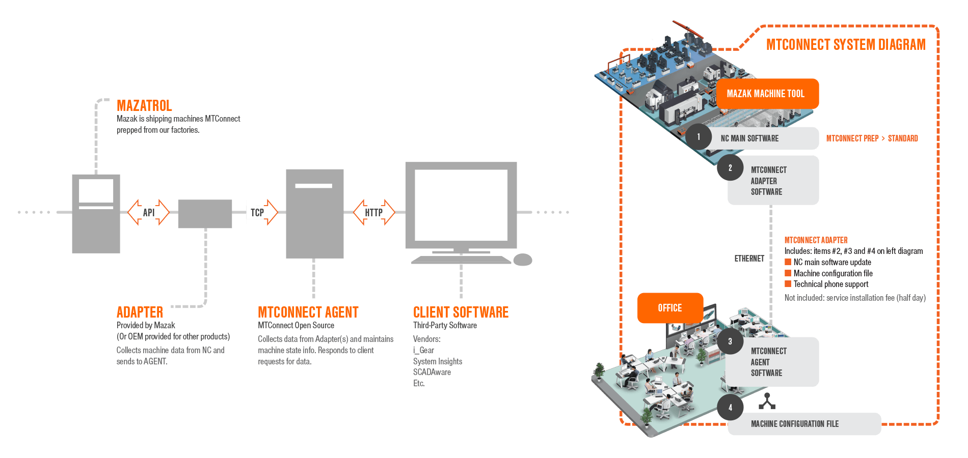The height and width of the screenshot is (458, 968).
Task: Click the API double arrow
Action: pyautogui.click(x=148, y=212)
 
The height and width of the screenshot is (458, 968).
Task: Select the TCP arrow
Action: pyautogui.click(x=261, y=212)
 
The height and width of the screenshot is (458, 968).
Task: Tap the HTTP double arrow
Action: pyautogui.click(x=374, y=212)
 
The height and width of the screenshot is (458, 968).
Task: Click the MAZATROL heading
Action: pyautogui.click(x=144, y=105)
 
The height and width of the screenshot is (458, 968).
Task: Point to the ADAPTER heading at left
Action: pyautogui.click(x=140, y=312)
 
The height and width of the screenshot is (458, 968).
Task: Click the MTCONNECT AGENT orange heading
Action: pyautogui.click(x=308, y=312)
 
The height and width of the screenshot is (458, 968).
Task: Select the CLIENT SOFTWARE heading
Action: pyautogui.click(x=461, y=312)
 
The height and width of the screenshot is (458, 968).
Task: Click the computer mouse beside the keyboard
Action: pyautogui.click(x=522, y=260)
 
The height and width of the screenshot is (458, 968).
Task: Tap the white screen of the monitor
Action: pyautogui.click(x=461, y=205)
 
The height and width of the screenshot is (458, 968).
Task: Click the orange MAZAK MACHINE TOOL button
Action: pyautogui.click(x=767, y=94)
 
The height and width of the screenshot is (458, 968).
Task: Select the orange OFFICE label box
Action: pyautogui.click(x=670, y=308)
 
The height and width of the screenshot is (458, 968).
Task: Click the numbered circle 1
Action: pyautogui.click(x=698, y=137)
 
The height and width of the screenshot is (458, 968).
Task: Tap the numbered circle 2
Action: pyautogui.click(x=730, y=168)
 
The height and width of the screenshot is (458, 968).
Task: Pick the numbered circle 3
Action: pyautogui.click(x=730, y=341)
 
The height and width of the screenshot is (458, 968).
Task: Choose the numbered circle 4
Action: pyautogui.click(x=730, y=407)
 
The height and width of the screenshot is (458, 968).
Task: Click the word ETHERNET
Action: pyautogui.click(x=749, y=259)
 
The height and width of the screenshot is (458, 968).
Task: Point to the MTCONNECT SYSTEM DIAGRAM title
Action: pyautogui.click(x=846, y=45)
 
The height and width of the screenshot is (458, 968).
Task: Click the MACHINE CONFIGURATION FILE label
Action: pyautogui.click(x=795, y=424)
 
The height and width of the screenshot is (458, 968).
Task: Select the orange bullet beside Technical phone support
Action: pyautogui.click(x=788, y=284)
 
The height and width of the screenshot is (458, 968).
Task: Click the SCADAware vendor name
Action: pyautogui.click(x=432, y=372)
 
